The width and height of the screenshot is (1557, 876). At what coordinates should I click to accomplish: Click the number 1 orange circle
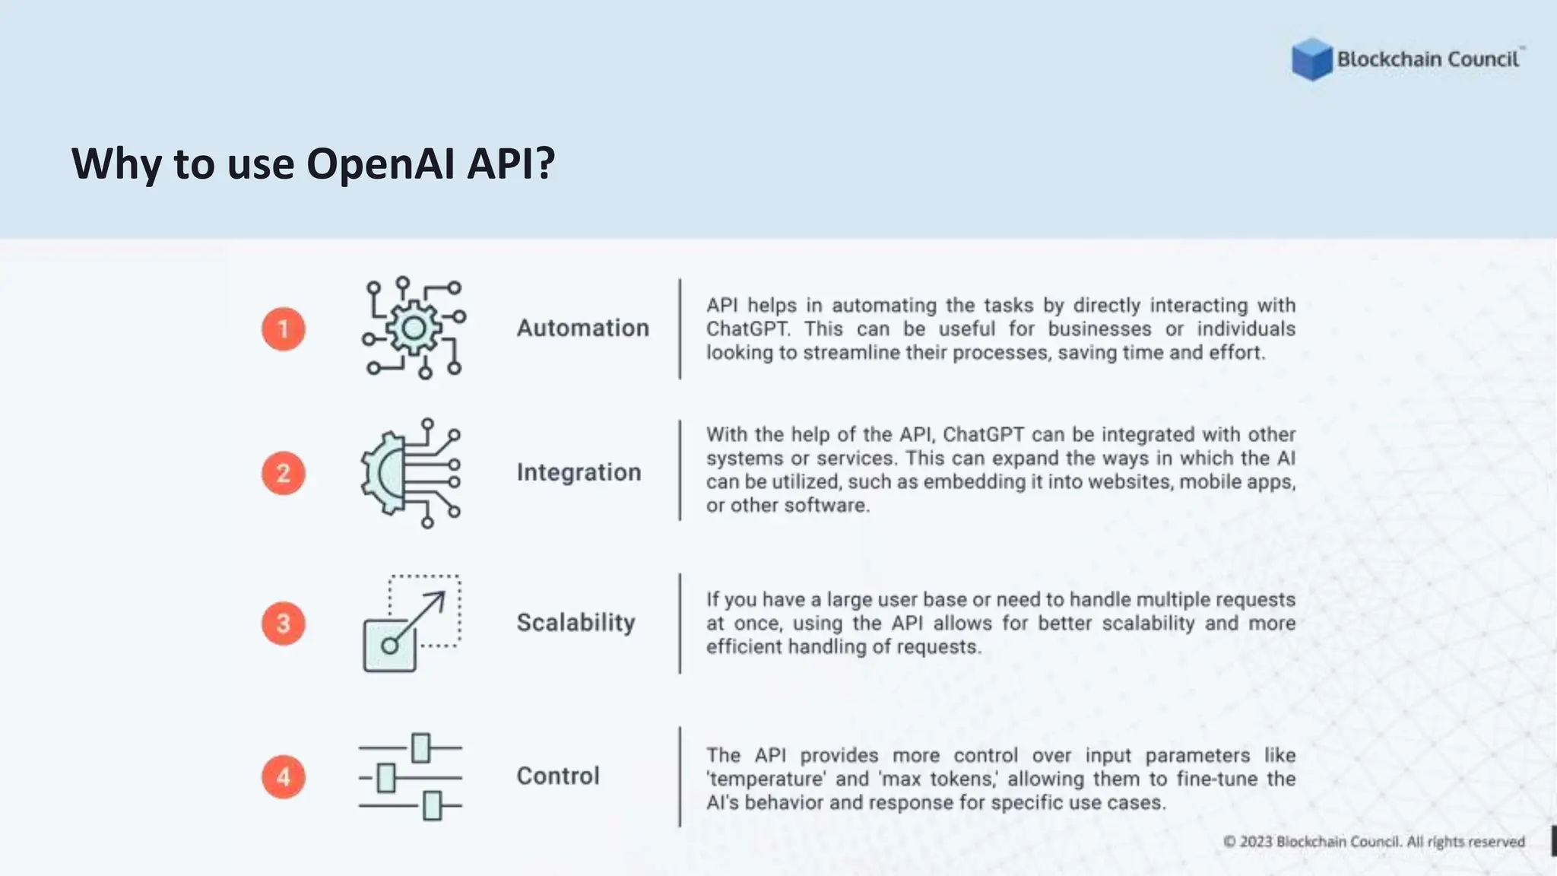coord(284,328)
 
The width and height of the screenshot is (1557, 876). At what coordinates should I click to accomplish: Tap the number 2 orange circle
coord(284,473)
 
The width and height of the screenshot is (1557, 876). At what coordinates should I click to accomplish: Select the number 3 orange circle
coord(284,624)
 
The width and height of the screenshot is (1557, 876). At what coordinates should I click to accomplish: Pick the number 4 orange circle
coord(284,776)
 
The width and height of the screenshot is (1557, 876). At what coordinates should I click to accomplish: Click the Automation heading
coord(583,328)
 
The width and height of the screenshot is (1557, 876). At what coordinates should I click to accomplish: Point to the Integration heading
coord(579,472)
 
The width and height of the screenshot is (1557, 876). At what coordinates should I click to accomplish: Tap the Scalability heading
coord(576,623)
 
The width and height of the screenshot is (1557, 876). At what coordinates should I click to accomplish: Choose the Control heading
coord(558,776)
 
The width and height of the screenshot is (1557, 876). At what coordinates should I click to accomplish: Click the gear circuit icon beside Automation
coord(414,328)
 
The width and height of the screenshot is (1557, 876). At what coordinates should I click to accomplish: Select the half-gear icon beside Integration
coord(411,473)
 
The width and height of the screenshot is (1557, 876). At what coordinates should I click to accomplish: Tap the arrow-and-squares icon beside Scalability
coord(412,624)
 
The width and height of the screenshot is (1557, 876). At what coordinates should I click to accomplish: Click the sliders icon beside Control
coord(411,776)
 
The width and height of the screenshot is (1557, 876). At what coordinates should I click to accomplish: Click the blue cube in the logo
coord(1311,59)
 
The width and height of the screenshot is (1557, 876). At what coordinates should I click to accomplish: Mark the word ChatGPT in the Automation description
coord(747,329)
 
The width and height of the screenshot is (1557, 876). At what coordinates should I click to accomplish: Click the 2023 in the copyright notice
coord(1256,842)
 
